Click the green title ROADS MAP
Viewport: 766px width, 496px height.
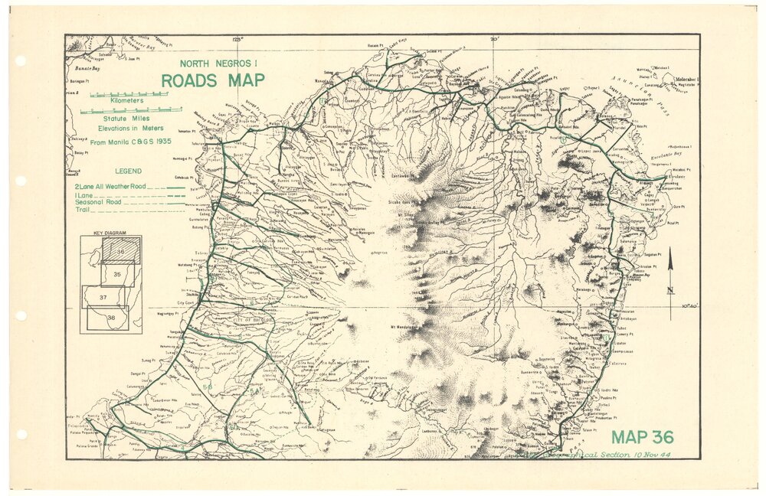(212, 80)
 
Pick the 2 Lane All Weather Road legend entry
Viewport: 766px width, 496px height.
(129, 187)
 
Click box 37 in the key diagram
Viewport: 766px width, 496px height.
(102, 296)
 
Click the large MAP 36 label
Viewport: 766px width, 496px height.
(642, 438)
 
